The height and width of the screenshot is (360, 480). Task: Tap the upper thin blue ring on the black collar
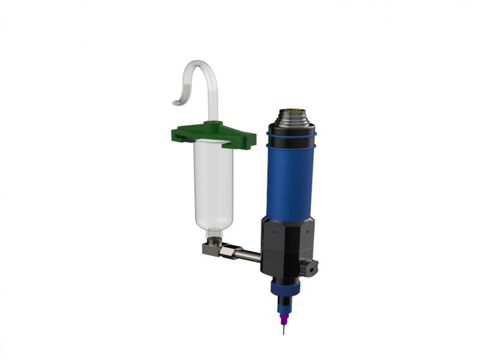[292, 136]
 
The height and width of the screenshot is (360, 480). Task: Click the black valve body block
[286, 246]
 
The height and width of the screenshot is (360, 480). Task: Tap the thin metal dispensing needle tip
[283, 330]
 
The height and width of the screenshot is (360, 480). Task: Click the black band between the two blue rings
[291, 142]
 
